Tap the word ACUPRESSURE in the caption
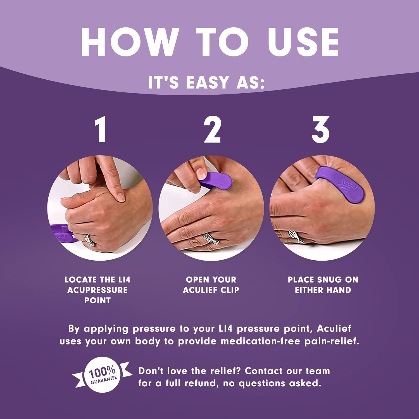point(97,290)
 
